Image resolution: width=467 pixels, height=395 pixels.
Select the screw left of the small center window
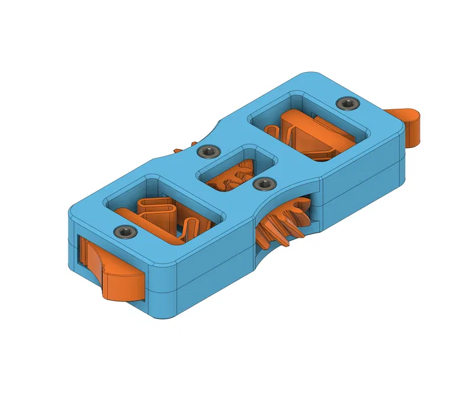208,152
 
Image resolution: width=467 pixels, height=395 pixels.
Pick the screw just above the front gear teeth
263,184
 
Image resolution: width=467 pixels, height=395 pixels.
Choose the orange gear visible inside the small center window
231,178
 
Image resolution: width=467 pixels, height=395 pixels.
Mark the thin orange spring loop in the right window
273,133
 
